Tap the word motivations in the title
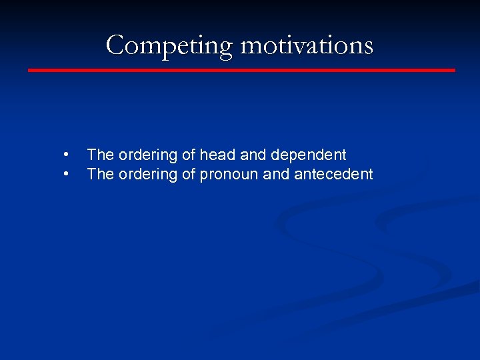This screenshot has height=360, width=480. (307, 45)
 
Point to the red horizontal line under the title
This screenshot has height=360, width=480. (241, 70)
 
